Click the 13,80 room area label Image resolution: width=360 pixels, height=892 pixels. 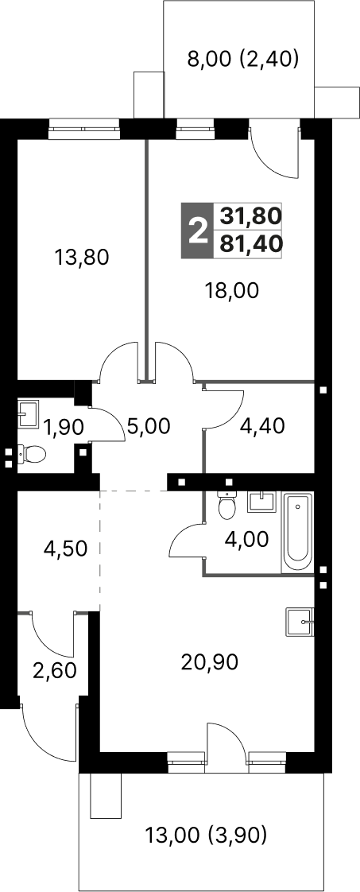point(81,258)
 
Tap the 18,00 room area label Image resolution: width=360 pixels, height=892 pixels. point(232,291)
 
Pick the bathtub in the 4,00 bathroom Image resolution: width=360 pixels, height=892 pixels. point(298,533)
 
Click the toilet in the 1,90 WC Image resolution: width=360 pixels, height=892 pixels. point(32,453)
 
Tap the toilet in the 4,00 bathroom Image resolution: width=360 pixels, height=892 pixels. point(227,505)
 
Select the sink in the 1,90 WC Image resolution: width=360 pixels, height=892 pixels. point(29,413)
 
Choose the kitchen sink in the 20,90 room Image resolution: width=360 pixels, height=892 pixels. point(299,623)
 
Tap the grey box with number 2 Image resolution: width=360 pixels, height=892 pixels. point(197,231)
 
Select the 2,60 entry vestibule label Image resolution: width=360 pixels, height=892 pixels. point(54,671)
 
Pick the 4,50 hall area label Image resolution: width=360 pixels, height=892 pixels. point(65,549)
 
